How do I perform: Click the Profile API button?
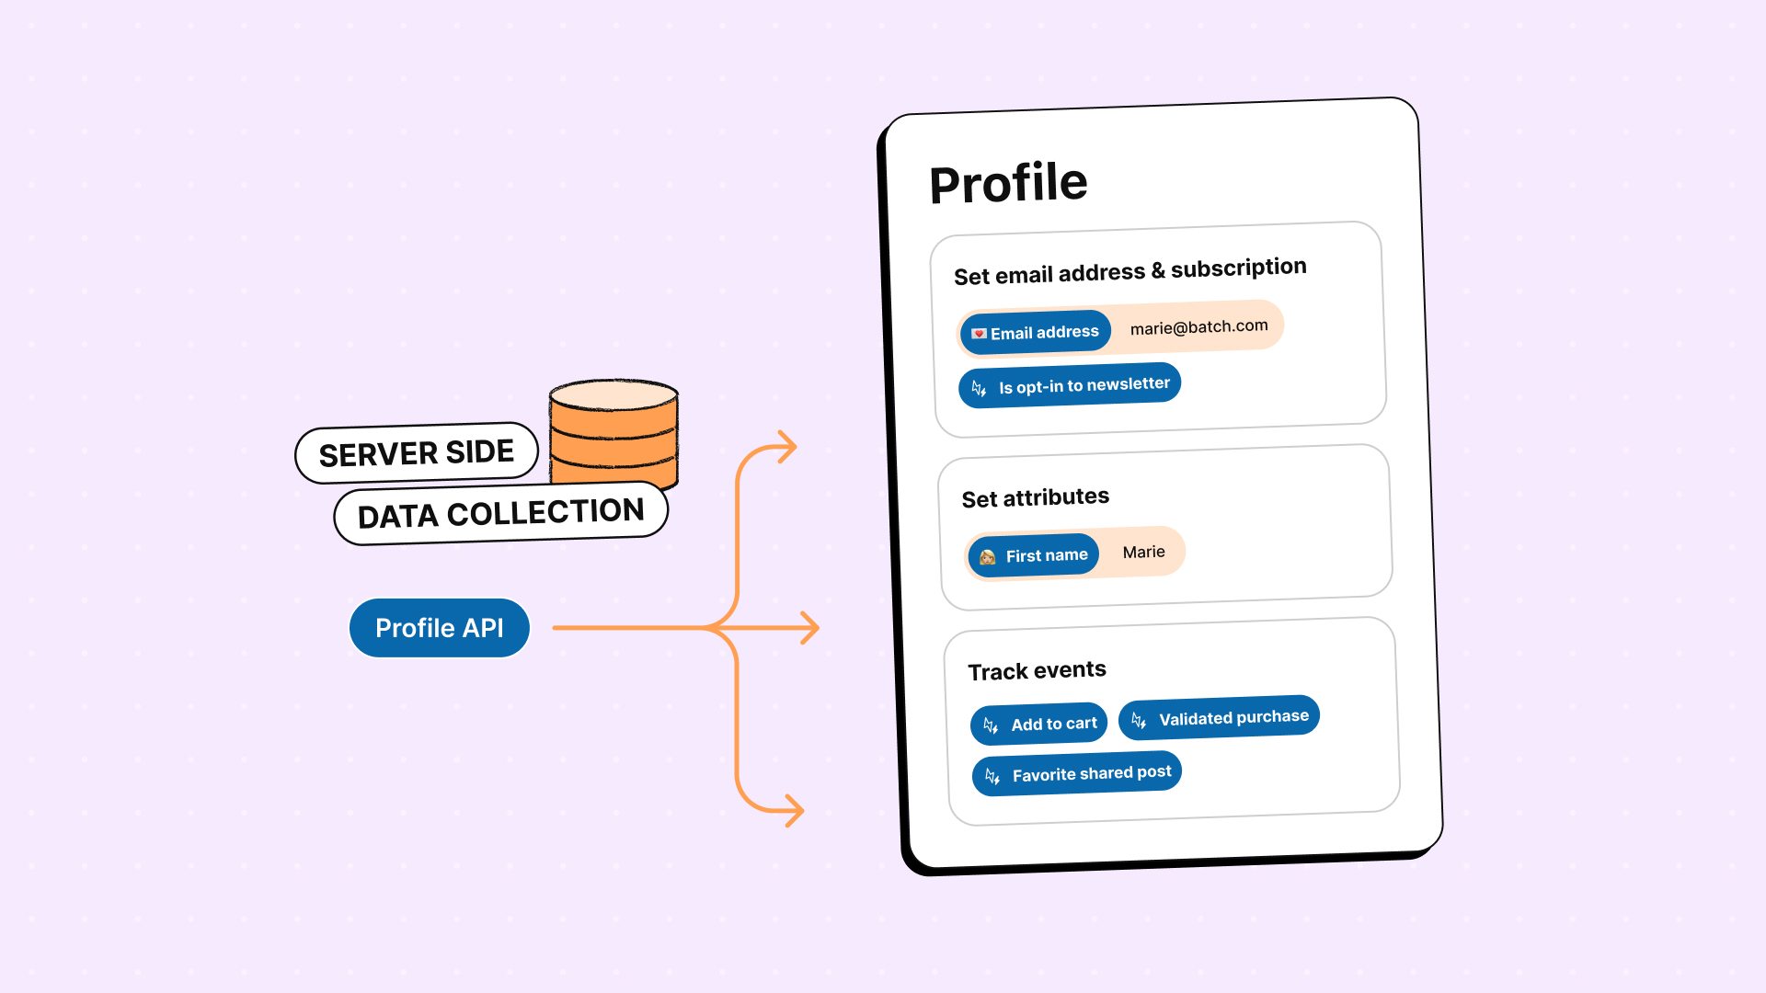(x=440, y=628)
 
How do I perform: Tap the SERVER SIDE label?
(x=417, y=453)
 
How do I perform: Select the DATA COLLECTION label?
(x=500, y=514)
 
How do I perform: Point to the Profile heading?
(x=1008, y=183)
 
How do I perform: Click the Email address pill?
(x=1036, y=333)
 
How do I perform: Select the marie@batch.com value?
(x=1198, y=327)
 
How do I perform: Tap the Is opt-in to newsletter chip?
(x=1070, y=386)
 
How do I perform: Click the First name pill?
(x=1034, y=555)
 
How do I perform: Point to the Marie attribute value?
(x=1143, y=552)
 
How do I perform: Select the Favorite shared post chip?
(x=1077, y=774)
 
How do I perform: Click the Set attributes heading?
(x=1036, y=497)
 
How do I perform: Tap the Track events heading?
(x=1037, y=670)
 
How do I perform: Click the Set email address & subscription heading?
(x=1130, y=271)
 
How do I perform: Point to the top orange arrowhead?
(x=788, y=447)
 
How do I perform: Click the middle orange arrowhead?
(x=810, y=628)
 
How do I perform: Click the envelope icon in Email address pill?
(x=979, y=334)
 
